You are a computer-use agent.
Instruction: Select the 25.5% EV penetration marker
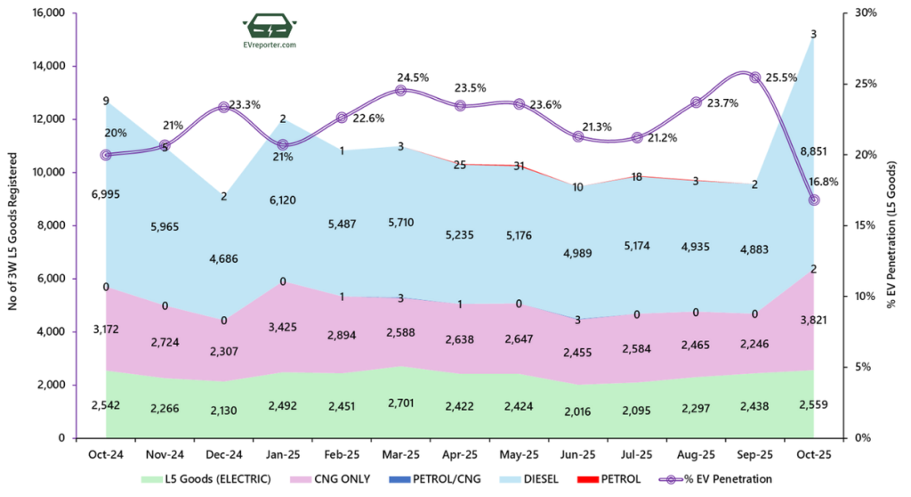pyautogui.click(x=754, y=77)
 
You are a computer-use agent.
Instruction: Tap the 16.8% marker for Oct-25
pyautogui.click(x=813, y=200)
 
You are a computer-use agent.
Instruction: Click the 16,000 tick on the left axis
pyautogui.click(x=46, y=13)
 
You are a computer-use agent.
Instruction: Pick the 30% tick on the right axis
pyautogui.click(x=865, y=13)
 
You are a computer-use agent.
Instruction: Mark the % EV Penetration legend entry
pyautogui.click(x=723, y=479)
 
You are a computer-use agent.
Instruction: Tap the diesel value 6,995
pyautogui.click(x=105, y=193)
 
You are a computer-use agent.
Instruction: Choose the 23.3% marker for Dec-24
pyautogui.click(x=223, y=108)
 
